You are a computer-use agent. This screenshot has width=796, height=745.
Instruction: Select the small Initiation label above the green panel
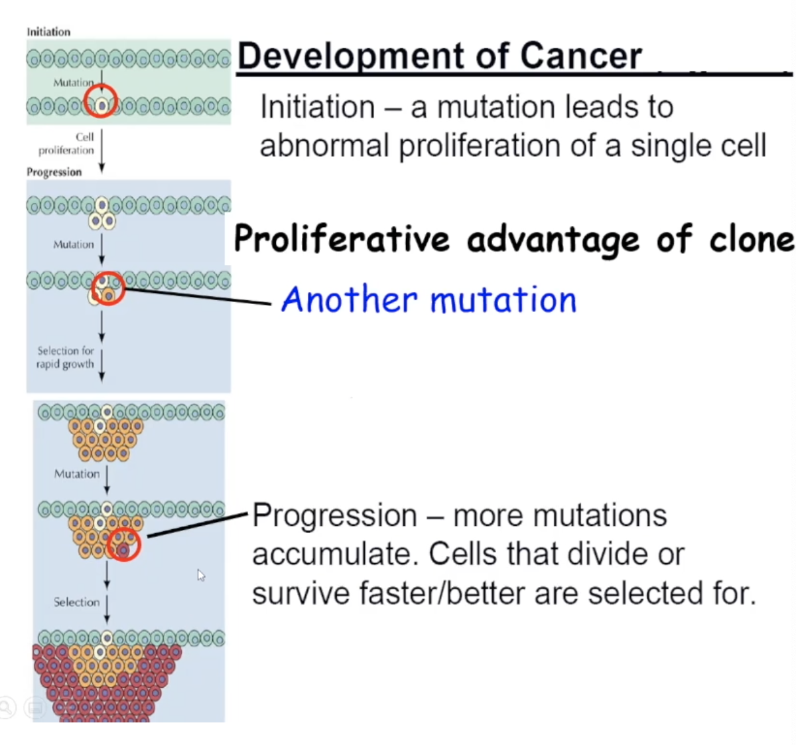48,32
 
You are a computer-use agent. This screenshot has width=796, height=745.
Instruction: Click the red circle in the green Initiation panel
101,103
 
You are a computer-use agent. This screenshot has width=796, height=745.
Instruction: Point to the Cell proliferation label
66,143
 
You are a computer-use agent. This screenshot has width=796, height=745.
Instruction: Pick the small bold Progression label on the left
54,172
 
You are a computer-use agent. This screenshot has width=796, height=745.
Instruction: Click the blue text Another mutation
429,299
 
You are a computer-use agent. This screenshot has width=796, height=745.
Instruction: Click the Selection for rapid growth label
65,357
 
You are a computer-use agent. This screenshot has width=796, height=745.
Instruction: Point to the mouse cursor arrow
201,575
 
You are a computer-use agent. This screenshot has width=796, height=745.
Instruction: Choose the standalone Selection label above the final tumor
76,602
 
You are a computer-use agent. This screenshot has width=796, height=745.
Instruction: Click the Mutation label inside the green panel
73,82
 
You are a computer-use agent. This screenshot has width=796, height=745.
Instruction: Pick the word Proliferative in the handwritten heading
342,238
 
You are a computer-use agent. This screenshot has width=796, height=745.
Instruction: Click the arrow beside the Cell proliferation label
101,151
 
